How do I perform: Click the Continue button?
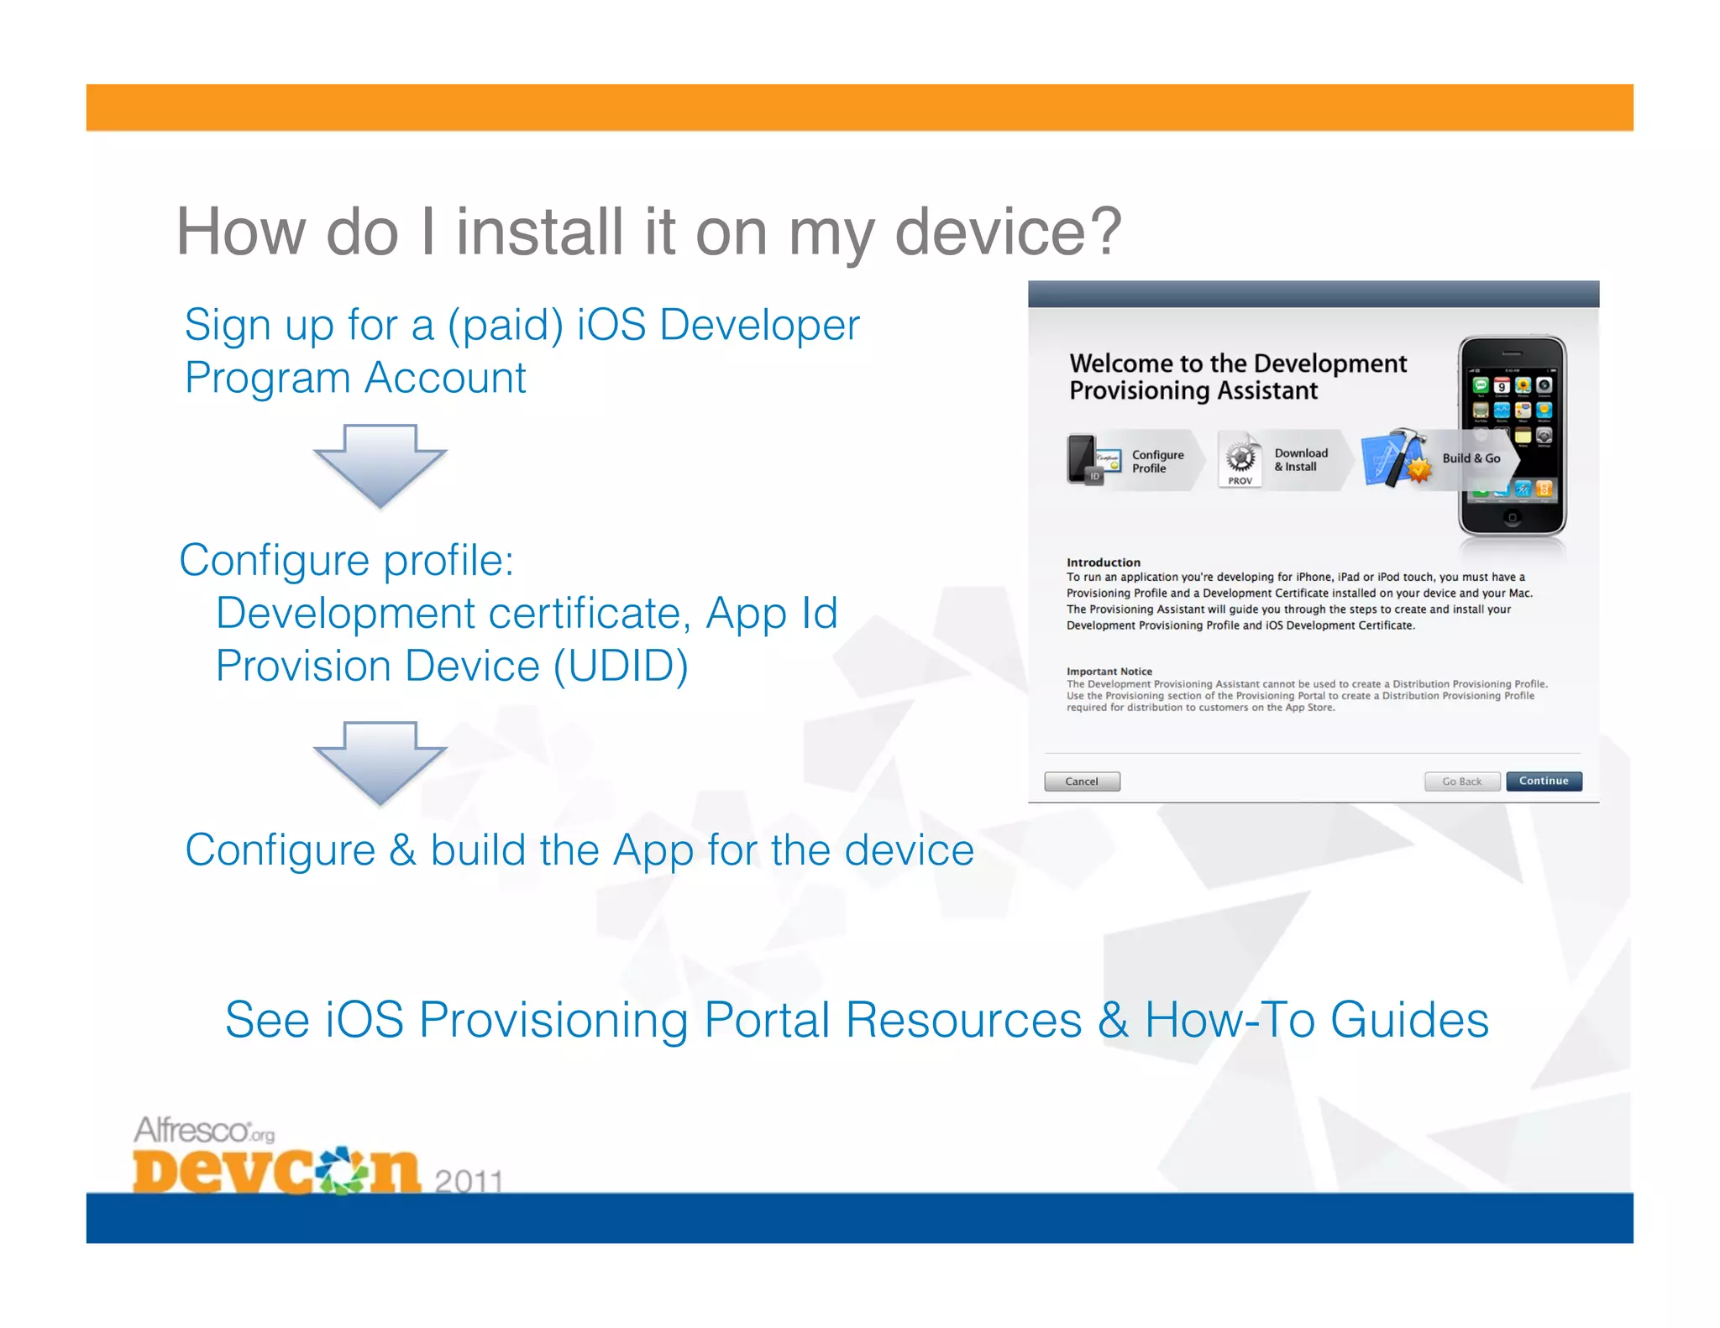click(x=1543, y=782)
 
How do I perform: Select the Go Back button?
click(x=1461, y=782)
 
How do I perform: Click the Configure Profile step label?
click(x=1157, y=462)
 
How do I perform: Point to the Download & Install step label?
click(x=1301, y=460)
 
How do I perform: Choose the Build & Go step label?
click(x=1471, y=458)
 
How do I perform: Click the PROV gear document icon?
click(x=1240, y=460)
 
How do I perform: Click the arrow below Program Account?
click(x=380, y=464)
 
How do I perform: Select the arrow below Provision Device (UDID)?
click(x=380, y=761)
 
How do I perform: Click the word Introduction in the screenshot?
click(x=1103, y=562)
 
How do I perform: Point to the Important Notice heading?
click(x=1109, y=672)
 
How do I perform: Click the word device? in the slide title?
click(x=1009, y=232)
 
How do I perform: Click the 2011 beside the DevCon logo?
click(x=469, y=1181)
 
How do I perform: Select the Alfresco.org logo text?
click(x=204, y=1131)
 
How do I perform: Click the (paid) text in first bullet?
click(x=505, y=326)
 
